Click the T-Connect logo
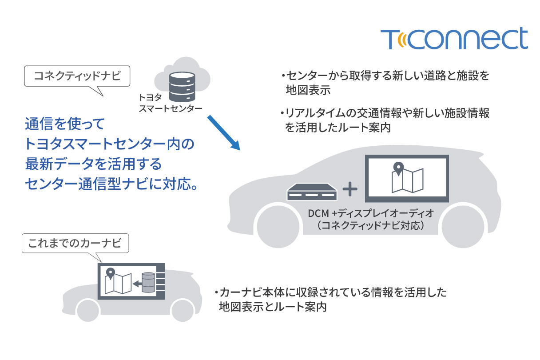tap(454, 38)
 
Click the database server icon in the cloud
tap(182, 87)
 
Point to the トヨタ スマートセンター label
tap(170, 103)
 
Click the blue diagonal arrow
tap(224, 133)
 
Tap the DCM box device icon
tap(312, 192)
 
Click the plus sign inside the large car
tap(350, 189)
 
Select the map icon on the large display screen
tap(407, 177)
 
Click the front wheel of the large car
tap(278, 227)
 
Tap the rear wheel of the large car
tap(463, 227)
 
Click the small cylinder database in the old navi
tap(148, 283)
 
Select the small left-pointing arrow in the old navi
tap(137, 284)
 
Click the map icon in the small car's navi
tap(118, 281)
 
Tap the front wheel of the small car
tap(88, 311)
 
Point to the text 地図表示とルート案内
tap(273, 307)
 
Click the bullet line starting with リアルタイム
tap(385, 120)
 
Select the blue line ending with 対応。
tap(111, 184)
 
